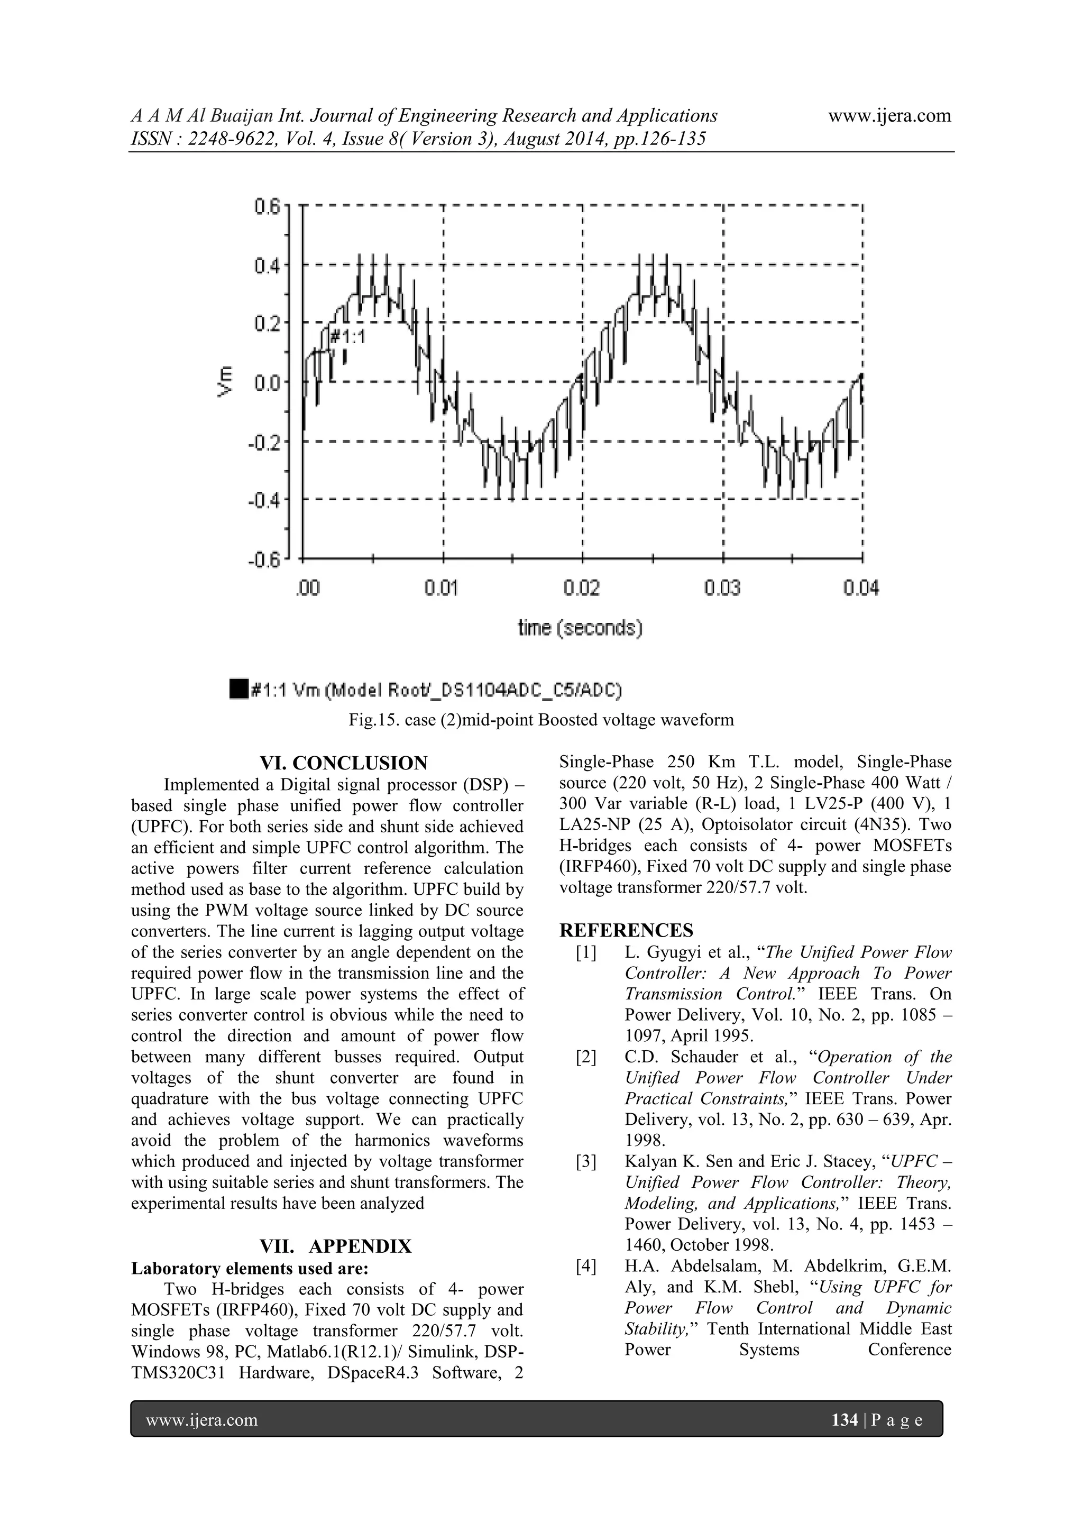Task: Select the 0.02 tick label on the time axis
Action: pyautogui.click(x=582, y=589)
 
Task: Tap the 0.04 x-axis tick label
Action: pyautogui.click(x=861, y=589)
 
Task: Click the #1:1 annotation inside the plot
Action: pyautogui.click(x=347, y=337)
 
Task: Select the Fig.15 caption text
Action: pyautogui.click(x=540, y=720)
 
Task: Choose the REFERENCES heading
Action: pyautogui.click(x=626, y=930)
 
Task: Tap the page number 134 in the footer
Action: pyautogui.click(x=844, y=1438)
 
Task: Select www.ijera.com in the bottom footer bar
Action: pyautogui.click(x=201, y=1438)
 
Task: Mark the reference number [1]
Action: pyautogui.click(x=585, y=953)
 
